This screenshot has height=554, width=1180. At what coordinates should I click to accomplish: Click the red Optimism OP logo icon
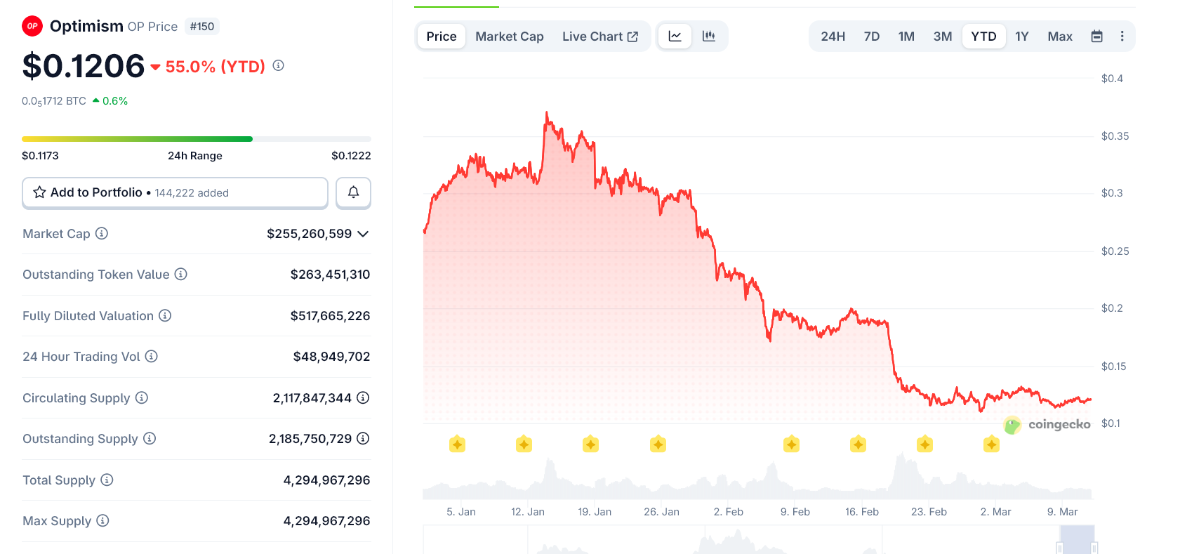(32, 27)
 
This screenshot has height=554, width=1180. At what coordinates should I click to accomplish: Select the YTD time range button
(983, 37)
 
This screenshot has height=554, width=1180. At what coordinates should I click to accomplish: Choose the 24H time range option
(833, 37)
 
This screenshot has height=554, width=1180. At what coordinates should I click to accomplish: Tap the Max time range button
(1059, 37)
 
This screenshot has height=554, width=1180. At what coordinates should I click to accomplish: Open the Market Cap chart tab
(509, 37)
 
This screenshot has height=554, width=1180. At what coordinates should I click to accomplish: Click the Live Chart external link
(599, 37)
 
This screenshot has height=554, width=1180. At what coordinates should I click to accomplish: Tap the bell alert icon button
(353, 192)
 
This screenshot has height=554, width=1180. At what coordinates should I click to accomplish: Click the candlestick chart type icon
(708, 37)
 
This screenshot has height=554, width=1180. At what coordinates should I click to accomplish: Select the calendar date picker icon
(1096, 37)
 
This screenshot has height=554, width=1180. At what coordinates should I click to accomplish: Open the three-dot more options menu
(1122, 37)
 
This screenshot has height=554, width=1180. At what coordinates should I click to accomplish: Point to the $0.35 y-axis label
(1115, 136)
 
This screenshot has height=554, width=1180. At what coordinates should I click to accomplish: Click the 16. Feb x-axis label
(861, 512)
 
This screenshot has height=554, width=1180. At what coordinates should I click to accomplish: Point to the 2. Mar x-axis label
(995, 512)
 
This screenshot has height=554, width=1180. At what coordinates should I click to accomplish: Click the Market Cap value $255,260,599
(309, 234)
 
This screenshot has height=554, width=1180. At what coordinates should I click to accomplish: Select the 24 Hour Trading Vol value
(331, 357)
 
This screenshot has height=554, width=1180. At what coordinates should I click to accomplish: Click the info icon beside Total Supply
(107, 480)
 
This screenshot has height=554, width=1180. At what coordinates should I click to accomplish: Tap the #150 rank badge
(202, 27)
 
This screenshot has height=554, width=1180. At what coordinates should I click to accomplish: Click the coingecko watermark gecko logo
(1012, 425)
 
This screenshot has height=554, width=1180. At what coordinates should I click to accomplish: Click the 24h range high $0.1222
(351, 156)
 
